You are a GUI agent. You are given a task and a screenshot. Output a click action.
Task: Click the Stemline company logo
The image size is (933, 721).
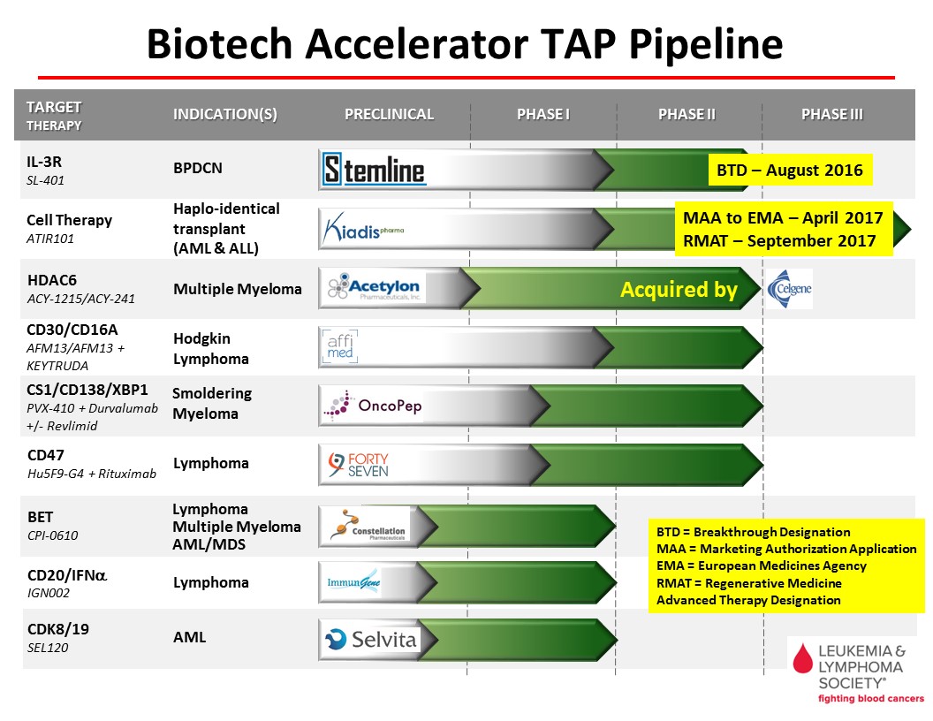tap(374, 170)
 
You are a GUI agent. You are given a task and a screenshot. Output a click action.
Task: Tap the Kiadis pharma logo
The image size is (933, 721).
tap(363, 229)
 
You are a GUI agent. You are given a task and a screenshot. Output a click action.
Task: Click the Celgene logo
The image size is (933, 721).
tap(790, 289)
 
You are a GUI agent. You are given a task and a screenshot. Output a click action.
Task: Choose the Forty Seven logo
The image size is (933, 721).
tap(358, 465)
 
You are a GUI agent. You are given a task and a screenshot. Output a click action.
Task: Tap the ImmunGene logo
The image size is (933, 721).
tap(353, 581)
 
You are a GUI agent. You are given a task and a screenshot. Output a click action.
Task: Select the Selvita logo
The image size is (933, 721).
tap(370, 640)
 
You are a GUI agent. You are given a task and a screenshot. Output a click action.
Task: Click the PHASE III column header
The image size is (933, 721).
tap(832, 114)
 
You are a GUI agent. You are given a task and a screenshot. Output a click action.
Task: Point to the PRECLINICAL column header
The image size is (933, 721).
tap(389, 114)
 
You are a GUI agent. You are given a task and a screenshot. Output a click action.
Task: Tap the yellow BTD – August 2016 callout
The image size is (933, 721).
tap(790, 171)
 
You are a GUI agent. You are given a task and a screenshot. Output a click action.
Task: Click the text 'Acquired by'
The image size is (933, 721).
tap(679, 289)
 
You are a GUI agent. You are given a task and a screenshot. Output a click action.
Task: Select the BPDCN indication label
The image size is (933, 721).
tap(198, 169)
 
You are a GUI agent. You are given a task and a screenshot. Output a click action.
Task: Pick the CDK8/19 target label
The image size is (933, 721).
tap(58, 629)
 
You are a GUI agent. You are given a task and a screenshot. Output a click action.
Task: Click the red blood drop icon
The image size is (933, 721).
tap(803, 658)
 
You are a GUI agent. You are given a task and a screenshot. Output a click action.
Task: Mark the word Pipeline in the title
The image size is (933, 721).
tap(706, 44)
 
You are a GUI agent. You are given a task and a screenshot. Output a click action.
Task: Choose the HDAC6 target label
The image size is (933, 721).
tap(52, 279)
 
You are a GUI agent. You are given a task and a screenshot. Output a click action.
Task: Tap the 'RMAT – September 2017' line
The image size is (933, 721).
tap(779, 241)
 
